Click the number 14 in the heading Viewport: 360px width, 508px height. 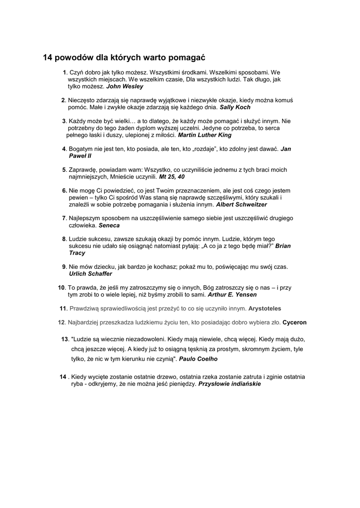click(x=48, y=58)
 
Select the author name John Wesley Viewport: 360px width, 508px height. click(x=125, y=86)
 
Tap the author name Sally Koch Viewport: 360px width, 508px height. click(x=235, y=107)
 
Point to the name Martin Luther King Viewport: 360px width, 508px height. click(x=205, y=135)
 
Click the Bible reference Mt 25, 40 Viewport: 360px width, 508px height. click(x=172, y=177)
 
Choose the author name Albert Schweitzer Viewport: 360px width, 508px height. click(x=241, y=204)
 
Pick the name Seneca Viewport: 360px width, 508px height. click(x=109, y=225)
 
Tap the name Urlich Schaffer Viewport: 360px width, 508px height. click(x=90, y=274)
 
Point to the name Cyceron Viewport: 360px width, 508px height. click(x=294, y=322)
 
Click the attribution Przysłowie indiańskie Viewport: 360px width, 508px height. click(x=229, y=384)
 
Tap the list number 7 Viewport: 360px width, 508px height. click(x=64, y=218)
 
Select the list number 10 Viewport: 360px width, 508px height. click(x=62, y=288)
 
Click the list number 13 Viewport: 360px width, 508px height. click(x=65, y=339)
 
